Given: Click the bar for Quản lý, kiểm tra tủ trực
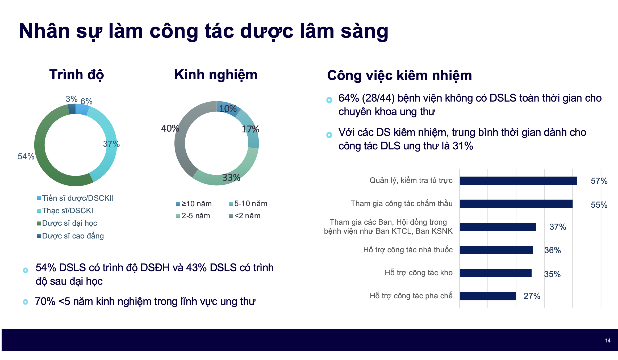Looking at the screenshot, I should pos(518,181).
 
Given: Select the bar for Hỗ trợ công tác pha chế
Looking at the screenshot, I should pos(488,296).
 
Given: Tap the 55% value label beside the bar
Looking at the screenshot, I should pos(599,205).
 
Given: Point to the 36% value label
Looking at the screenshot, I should pos(552,250).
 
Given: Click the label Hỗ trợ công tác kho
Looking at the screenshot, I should pos(418,273).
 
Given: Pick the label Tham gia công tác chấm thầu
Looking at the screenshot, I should pos(401,203).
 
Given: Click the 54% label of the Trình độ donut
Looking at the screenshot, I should pos(26,156).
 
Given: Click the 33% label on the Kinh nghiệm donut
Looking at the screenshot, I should pos(231,178).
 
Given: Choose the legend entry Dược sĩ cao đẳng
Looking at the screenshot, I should pos(73,236).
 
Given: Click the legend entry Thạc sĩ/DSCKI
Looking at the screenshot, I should pos(68,211).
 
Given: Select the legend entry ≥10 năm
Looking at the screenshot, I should pos(196,204).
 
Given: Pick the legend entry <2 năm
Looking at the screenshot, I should pos(247,216).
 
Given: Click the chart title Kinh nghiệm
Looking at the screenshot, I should pos(216,75).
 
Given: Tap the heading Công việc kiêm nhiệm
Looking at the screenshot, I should pos(399,76).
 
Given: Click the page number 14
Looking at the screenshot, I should pos(608,341).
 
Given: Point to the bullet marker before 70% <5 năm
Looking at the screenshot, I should pos(26,302).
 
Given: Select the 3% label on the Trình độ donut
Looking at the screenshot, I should pos(71,99).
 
